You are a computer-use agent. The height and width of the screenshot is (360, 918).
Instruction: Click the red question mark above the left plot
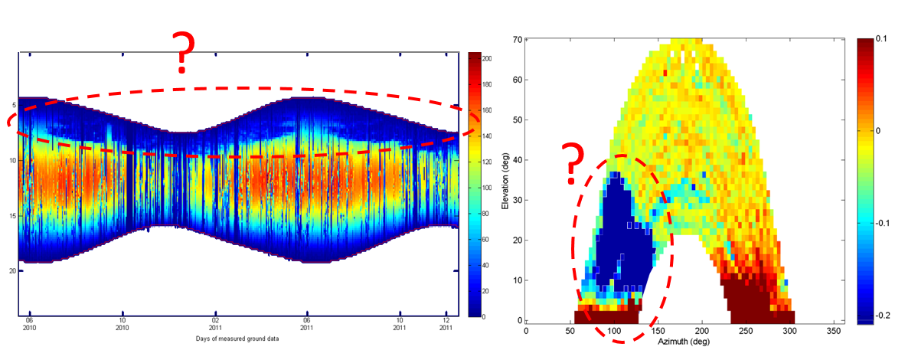point(181,52)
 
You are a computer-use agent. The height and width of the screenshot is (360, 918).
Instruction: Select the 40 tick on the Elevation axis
point(517,159)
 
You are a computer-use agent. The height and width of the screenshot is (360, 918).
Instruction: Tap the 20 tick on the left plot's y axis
point(11,271)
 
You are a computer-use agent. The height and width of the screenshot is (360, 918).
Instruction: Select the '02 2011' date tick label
point(215,326)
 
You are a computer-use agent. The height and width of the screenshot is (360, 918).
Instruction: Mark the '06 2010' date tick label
point(29,326)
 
